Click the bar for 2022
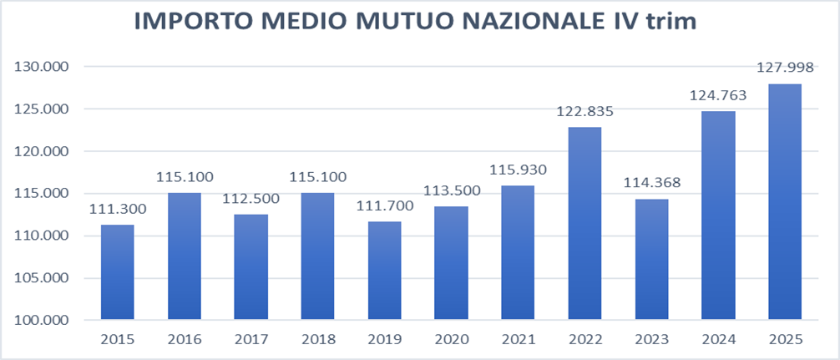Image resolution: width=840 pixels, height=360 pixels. click(584, 223)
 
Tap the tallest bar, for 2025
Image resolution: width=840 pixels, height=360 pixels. click(784, 201)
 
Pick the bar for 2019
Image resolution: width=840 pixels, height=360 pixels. click(384, 270)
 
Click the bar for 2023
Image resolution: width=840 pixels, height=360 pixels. click(651, 259)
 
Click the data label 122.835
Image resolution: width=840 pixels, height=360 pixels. click(584, 112)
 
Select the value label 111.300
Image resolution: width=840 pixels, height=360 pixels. click(117, 209)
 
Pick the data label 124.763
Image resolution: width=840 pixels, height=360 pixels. click(718, 95)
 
